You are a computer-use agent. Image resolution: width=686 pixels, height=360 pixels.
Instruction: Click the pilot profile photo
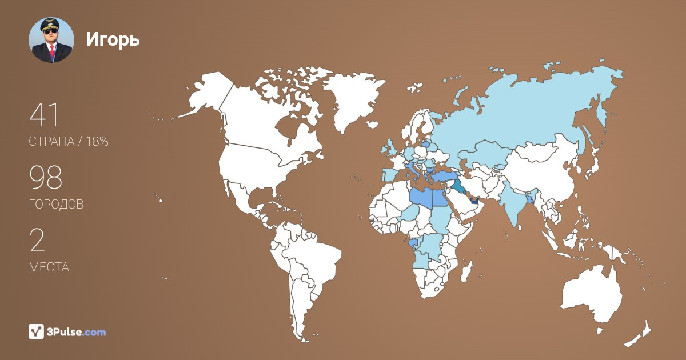(x=51, y=40)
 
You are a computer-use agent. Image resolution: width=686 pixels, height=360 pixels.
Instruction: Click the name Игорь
(x=113, y=39)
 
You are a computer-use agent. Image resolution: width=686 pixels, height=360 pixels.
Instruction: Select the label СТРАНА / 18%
(x=69, y=142)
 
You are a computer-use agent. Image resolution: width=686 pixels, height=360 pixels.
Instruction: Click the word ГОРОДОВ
(x=56, y=205)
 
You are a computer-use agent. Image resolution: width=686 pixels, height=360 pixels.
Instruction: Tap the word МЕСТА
(x=49, y=267)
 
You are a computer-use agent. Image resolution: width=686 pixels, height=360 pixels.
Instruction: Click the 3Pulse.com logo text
(x=77, y=331)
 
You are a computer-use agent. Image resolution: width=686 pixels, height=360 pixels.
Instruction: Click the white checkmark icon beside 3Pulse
(x=36, y=331)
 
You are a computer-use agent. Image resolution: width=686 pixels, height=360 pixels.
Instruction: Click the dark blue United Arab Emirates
(x=474, y=201)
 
